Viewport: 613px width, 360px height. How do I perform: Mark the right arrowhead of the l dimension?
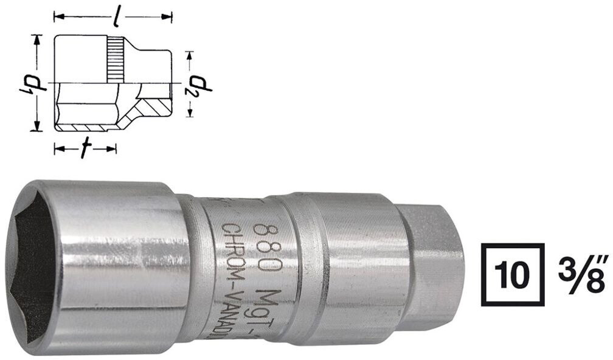[x=168, y=18]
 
